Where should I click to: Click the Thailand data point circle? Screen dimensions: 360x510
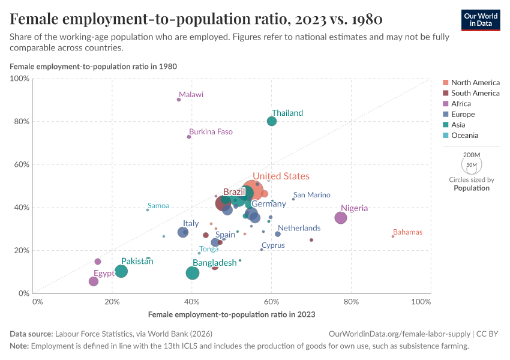tap(272, 121)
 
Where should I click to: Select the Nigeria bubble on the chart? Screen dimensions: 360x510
tap(341, 218)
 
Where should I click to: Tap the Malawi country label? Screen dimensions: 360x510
tap(191, 95)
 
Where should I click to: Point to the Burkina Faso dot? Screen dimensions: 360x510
tap(189, 137)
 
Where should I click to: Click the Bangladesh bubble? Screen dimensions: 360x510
tap(193, 273)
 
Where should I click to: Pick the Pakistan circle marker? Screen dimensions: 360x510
tap(121, 271)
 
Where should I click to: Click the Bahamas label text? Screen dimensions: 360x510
tap(407, 232)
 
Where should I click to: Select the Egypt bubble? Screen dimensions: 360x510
tap(94, 281)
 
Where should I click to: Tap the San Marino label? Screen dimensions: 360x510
tap(311, 195)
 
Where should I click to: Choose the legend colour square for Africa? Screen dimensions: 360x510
tap(445, 104)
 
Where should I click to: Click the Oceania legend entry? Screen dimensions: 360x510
tap(464, 136)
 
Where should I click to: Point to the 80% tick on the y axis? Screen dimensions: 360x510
tap(22, 121)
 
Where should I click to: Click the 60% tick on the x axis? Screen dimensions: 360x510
tap(271, 301)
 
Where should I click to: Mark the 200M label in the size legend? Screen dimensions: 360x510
tap(471, 154)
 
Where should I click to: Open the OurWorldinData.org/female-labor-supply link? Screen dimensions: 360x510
tap(400, 334)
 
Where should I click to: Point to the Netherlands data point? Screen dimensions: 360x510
tap(278, 234)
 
